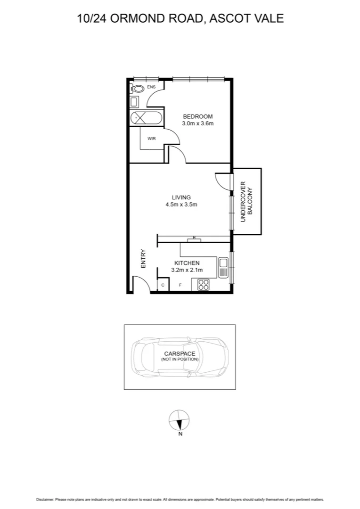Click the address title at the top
(180, 18)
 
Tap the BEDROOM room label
(198, 116)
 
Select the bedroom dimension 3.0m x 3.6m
(198, 124)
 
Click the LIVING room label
(181, 197)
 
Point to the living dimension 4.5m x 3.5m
(181, 205)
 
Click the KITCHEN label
(187, 263)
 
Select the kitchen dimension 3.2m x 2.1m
(187, 270)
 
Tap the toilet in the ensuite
(138, 88)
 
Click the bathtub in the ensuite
(146, 118)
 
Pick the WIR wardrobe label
(152, 139)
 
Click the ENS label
(151, 87)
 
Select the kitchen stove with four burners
(203, 285)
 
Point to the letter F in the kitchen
(180, 286)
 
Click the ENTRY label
(143, 259)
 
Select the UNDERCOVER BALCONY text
(246, 201)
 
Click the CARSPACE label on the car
(180, 353)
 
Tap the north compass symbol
(180, 420)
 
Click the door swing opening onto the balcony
(222, 181)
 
